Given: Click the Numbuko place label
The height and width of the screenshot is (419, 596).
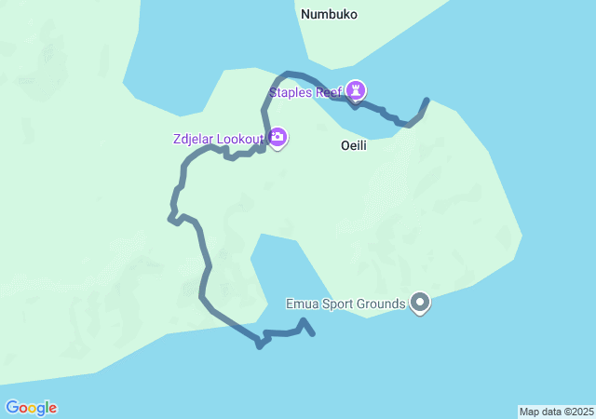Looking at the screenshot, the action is coord(329,15).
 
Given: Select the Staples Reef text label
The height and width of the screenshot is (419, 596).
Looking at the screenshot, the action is coord(305,92).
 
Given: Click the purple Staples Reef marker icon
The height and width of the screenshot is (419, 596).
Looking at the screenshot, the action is coord(357,90).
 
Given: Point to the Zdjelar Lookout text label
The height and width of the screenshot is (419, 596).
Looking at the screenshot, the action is coord(219,140).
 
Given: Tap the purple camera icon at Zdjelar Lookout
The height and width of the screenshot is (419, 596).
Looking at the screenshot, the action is coord(278,138).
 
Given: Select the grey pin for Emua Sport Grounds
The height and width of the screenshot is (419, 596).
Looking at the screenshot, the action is coord(420,303).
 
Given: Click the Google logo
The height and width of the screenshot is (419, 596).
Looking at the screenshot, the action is coord(31,408).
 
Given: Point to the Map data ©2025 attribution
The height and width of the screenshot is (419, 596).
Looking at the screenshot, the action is coord(556,412).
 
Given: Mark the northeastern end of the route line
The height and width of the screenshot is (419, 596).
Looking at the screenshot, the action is coord(427,100).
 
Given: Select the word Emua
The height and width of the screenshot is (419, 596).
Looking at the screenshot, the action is coord(303,304).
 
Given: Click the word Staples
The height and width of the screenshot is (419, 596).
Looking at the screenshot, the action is coord(291,92).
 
